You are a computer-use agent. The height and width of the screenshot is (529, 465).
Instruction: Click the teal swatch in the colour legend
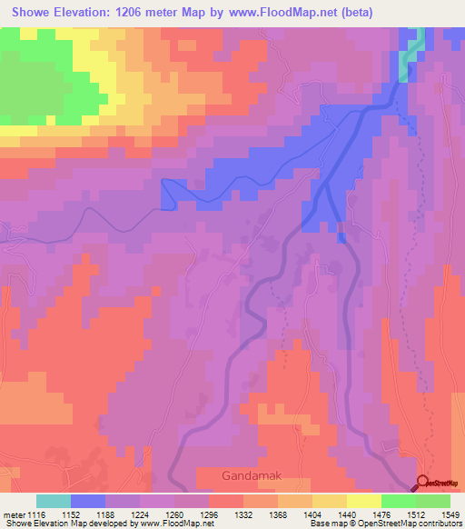[54, 501]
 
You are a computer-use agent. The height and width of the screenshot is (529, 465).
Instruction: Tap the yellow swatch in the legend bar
[364, 501]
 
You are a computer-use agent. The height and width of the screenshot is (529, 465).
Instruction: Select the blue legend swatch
[88, 501]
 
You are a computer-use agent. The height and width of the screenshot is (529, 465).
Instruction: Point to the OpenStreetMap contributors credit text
[407, 524]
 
